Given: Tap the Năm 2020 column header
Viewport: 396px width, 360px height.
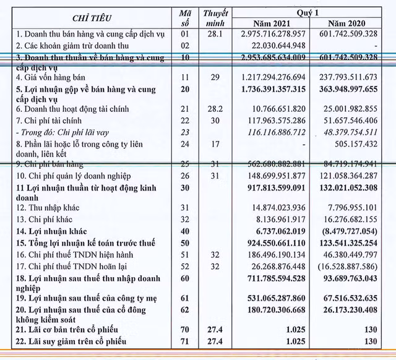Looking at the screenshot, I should (350, 23).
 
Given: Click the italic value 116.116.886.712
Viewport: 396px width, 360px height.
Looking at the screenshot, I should (275, 132).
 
